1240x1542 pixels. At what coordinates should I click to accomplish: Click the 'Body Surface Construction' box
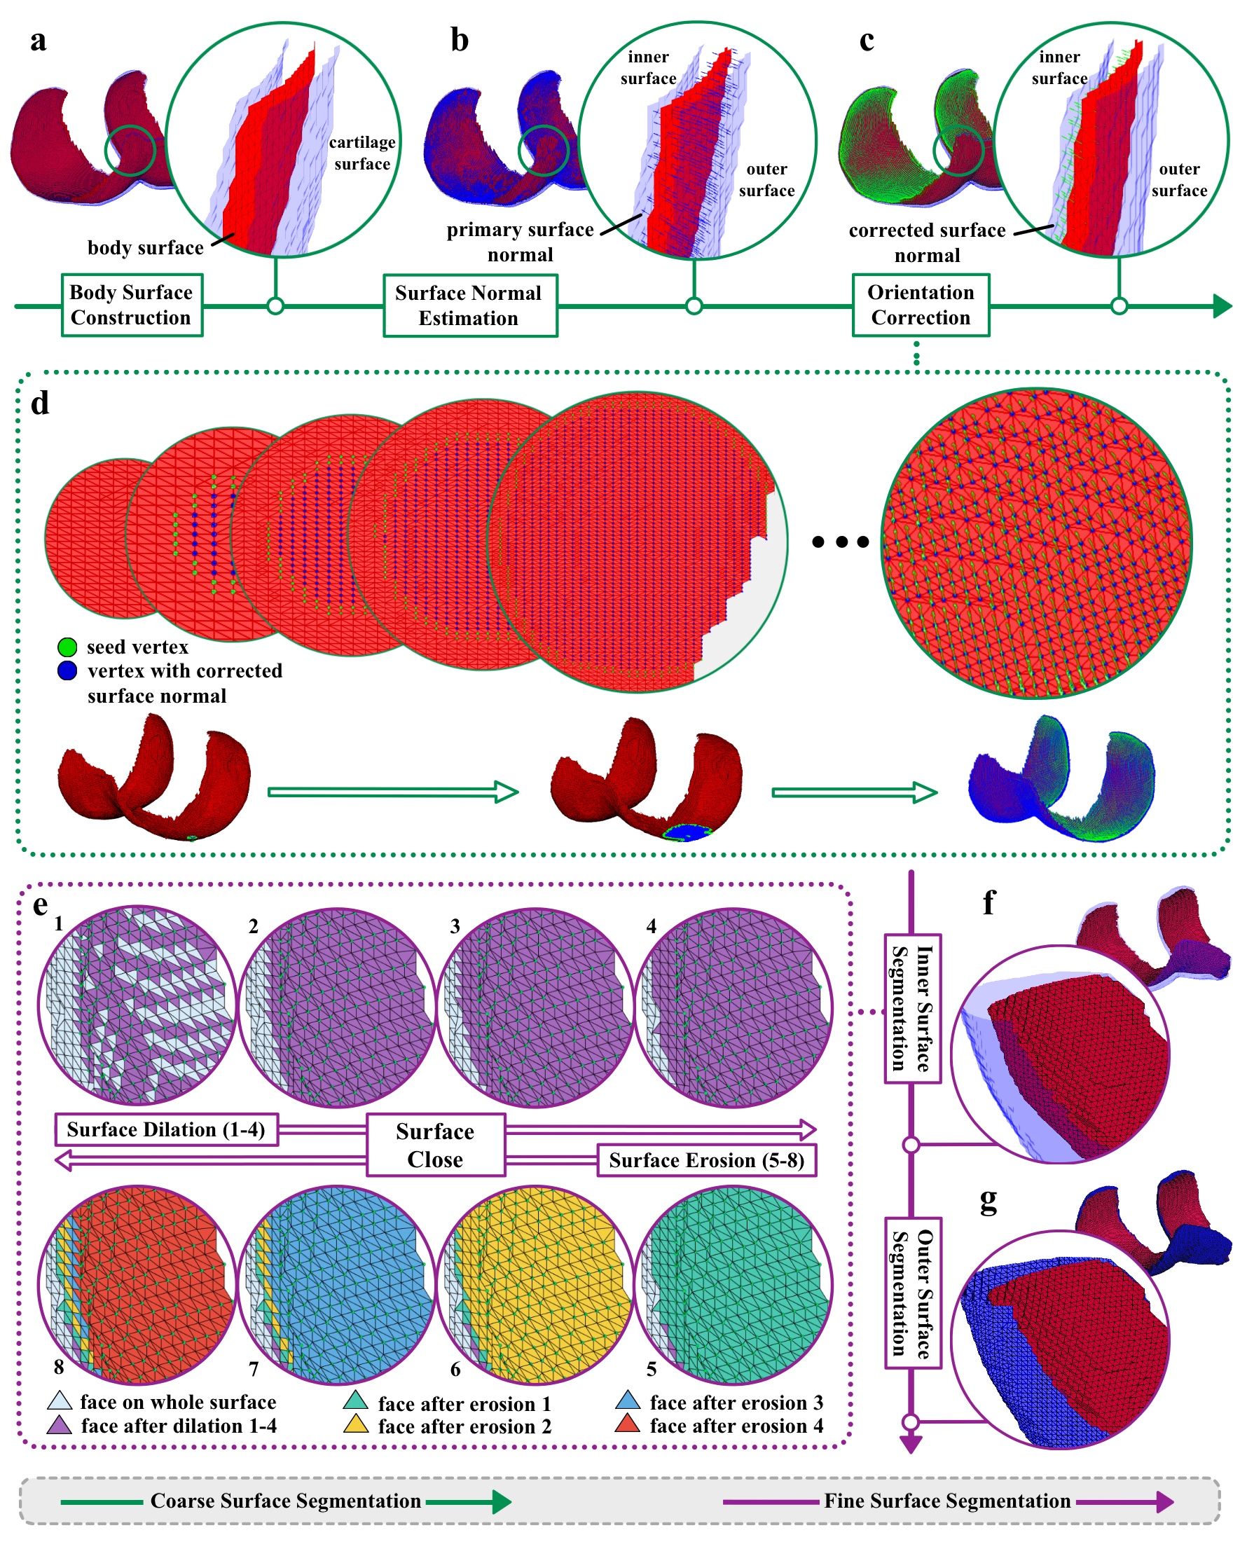point(132,305)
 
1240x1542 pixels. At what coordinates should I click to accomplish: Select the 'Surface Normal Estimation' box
point(470,305)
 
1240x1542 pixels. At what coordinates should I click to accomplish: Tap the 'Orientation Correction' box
point(921,305)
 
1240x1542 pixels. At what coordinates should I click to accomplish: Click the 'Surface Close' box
point(436,1145)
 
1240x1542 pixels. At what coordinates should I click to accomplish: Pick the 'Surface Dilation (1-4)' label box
point(166,1129)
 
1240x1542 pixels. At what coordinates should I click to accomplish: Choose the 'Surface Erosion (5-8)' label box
point(707,1160)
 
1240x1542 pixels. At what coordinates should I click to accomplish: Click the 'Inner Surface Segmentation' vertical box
point(911,1009)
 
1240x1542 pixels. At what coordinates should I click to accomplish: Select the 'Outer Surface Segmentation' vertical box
point(911,1293)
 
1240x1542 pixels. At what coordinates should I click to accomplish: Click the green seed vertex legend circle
point(67,647)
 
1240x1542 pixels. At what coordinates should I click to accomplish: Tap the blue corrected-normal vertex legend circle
point(67,671)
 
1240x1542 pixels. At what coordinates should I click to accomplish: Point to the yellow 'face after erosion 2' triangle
point(355,1424)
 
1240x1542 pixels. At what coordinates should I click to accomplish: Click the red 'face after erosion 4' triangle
point(627,1424)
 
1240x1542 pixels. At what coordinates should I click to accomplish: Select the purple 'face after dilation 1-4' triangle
point(59,1425)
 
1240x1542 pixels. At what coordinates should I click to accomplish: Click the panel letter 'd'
point(40,404)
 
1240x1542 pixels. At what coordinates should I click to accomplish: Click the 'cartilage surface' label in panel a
point(362,153)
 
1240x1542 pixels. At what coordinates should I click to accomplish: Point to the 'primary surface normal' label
point(521,242)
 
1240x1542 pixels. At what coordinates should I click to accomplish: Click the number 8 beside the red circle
point(59,1367)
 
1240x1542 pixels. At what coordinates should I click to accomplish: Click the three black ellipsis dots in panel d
point(840,542)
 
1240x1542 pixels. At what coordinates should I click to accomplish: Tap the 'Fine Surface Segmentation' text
point(946,1501)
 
